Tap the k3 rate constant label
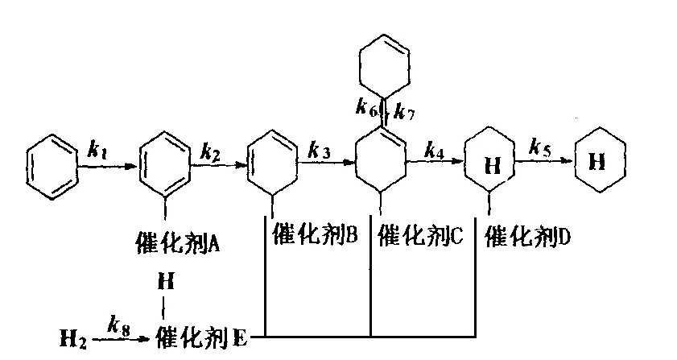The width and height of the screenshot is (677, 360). click(x=320, y=150)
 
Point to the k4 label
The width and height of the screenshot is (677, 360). click(x=434, y=150)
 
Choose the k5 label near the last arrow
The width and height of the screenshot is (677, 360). click(x=540, y=147)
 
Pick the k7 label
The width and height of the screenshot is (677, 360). click(x=403, y=111)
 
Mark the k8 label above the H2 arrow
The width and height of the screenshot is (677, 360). click(x=121, y=323)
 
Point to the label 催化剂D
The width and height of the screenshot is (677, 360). click(x=530, y=235)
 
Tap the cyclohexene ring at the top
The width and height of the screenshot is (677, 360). click(x=384, y=62)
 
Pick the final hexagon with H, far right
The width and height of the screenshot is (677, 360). click(x=597, y=161)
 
